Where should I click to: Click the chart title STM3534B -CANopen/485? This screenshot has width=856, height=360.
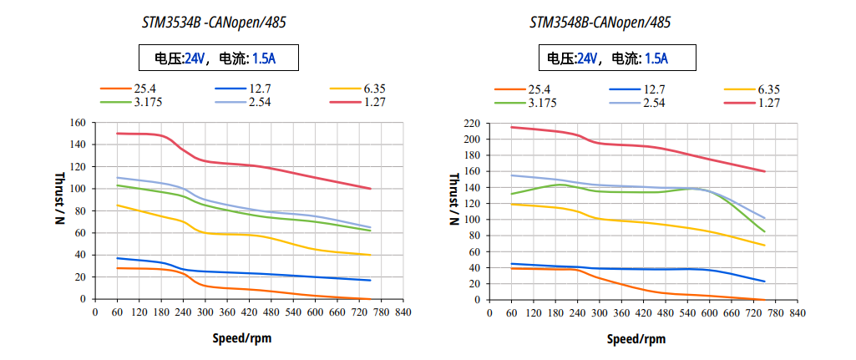pyautogui.click(x=214, y=23)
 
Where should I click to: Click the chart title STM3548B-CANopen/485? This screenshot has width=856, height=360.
pyautogui.click(x=600, y=23)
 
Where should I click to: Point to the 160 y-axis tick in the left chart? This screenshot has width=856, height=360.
pyautogui.click(x=78, y=122)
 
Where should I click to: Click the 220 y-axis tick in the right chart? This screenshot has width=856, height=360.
pyautogui.click(x=472, y=123)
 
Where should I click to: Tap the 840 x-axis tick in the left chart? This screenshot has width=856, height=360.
pyautogui.click(x=403, y=312)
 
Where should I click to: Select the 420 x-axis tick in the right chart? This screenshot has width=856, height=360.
pyautogui.click(x=642, y=313)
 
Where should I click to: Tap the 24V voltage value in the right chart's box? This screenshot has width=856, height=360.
pyautogui.click(x=588, y=58)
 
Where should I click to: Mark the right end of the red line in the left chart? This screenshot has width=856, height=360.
pyautogui.click(x=370, y=189)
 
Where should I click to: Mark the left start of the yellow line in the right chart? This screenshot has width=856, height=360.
pyautogui.click(x=511, y=204)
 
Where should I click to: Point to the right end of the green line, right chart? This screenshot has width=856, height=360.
pyautogui.click(x=764, y=232)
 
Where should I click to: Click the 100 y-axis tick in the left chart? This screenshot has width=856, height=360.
pyautogui.click(x=78, y=189)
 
